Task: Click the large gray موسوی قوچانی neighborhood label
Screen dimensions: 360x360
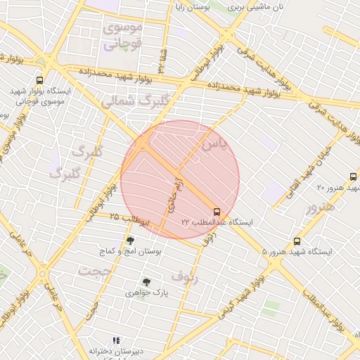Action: pos(123,36)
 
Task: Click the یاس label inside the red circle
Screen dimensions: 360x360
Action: pos(214,145)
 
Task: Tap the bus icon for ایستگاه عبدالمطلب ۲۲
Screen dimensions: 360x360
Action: pos(215,210)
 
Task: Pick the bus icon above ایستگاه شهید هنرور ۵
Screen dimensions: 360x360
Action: pos(297,240)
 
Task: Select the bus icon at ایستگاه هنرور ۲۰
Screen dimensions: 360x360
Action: pos(353,176)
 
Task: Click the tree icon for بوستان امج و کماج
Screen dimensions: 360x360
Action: pos(130,240)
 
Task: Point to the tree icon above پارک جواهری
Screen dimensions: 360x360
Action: pos(146,282)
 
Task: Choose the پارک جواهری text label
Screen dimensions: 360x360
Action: pos(146,292)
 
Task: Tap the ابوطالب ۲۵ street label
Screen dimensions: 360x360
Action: pos(129,221)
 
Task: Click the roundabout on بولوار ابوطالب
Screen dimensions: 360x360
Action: pos(44,274)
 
